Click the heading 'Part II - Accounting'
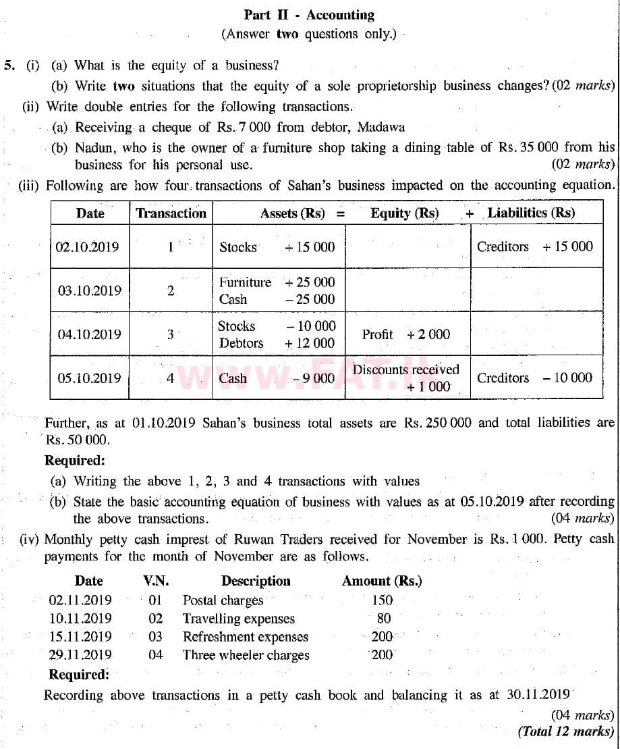[x=309, y=15]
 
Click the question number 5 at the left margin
[x=9, y=66]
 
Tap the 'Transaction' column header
[x=171, y=213]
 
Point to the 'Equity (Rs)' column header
[x=404, y=213]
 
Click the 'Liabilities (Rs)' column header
[x=531, y=213]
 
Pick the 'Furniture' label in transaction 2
[x=244, y=282]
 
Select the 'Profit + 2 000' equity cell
[x=405, y=334]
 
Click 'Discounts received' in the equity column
[x=405, y=369]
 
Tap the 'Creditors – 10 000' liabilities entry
[x=534, y=378]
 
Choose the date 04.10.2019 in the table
[x=89, y=334]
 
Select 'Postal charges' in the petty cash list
[x=223, y=600]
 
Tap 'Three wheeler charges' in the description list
[x=246, y=654]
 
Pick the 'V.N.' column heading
[x=156, y=581]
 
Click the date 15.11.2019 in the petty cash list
[x=80, y=636]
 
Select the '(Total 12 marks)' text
[x=566, y=731]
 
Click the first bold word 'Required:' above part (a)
[x=74, y=461]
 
